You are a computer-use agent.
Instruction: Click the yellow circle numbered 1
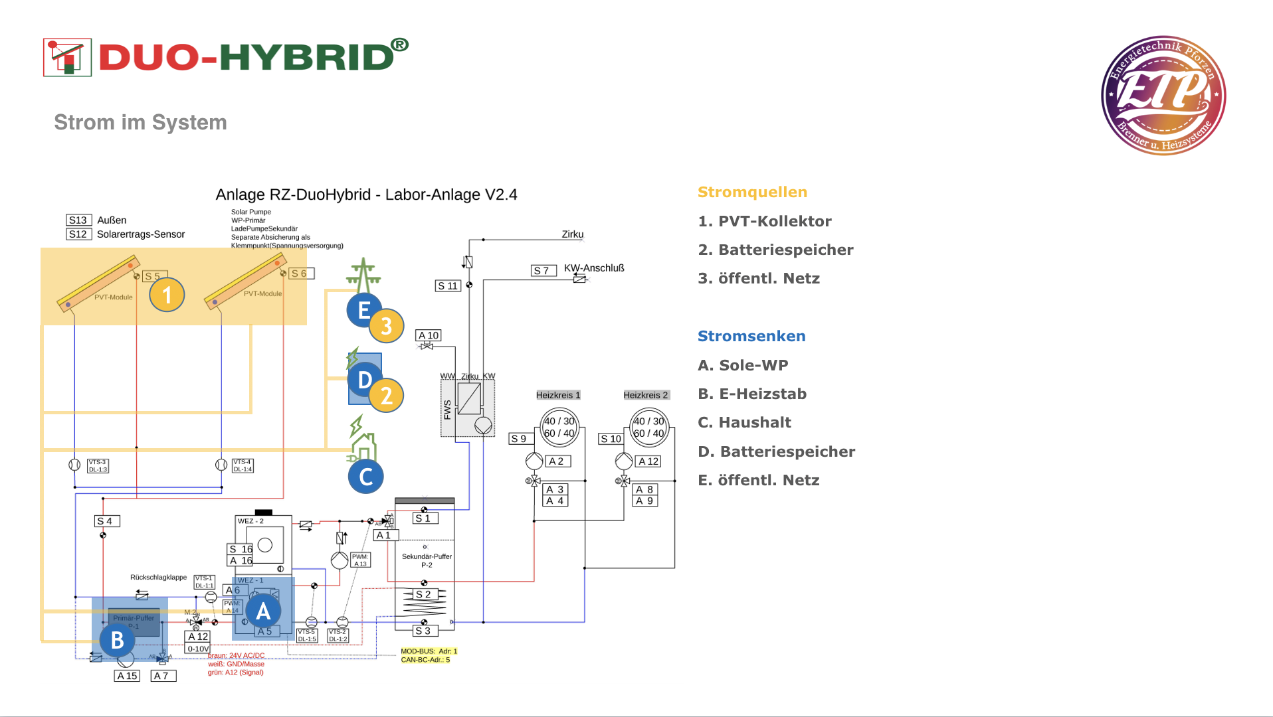click(167, 295)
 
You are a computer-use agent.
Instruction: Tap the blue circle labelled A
click(263, 611)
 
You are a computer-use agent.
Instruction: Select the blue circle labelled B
click(118, 640)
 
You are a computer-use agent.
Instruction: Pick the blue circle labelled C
click(365, 477)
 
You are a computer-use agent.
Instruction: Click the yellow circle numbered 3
click(386, 326)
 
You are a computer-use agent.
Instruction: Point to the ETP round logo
click(1163, 96)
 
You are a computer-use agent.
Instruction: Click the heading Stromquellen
click(752, 192)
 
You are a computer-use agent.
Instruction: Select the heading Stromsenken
click(751, 336)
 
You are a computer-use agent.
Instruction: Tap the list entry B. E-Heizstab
click(752, 394)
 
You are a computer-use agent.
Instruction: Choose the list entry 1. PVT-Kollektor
click(765, 221)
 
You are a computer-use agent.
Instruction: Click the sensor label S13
click(78, 220)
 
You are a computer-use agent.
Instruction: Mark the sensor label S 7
click(543, 270)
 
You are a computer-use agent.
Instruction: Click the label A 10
click(429, 335)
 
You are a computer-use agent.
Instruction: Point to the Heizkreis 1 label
click(558, 395)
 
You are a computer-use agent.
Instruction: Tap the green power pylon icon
click(363, 275)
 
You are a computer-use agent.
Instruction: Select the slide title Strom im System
click(140, 122)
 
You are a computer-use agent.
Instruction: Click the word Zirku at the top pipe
click(572, 234)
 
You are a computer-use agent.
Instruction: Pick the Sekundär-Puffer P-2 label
click(427, 560)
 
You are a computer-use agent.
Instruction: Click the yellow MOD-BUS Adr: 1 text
click(429, 651)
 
